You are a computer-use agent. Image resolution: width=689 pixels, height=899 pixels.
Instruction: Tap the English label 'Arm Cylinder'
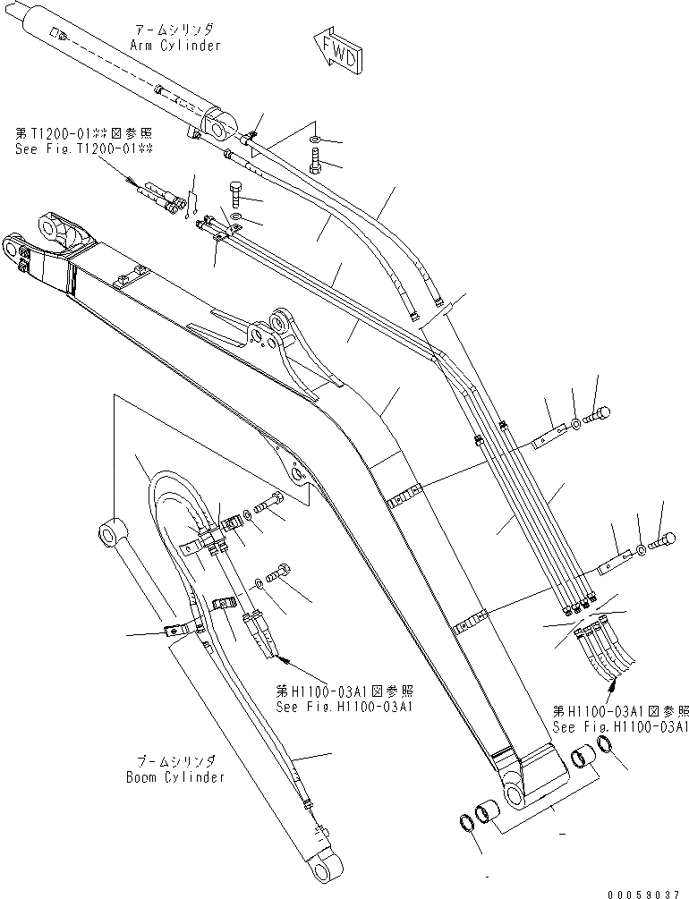(x=175, y=46)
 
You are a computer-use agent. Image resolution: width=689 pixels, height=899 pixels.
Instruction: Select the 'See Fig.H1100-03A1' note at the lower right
(x=620, y=727)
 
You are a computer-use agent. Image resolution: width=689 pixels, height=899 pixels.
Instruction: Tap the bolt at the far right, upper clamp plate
(x=598, y=414)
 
